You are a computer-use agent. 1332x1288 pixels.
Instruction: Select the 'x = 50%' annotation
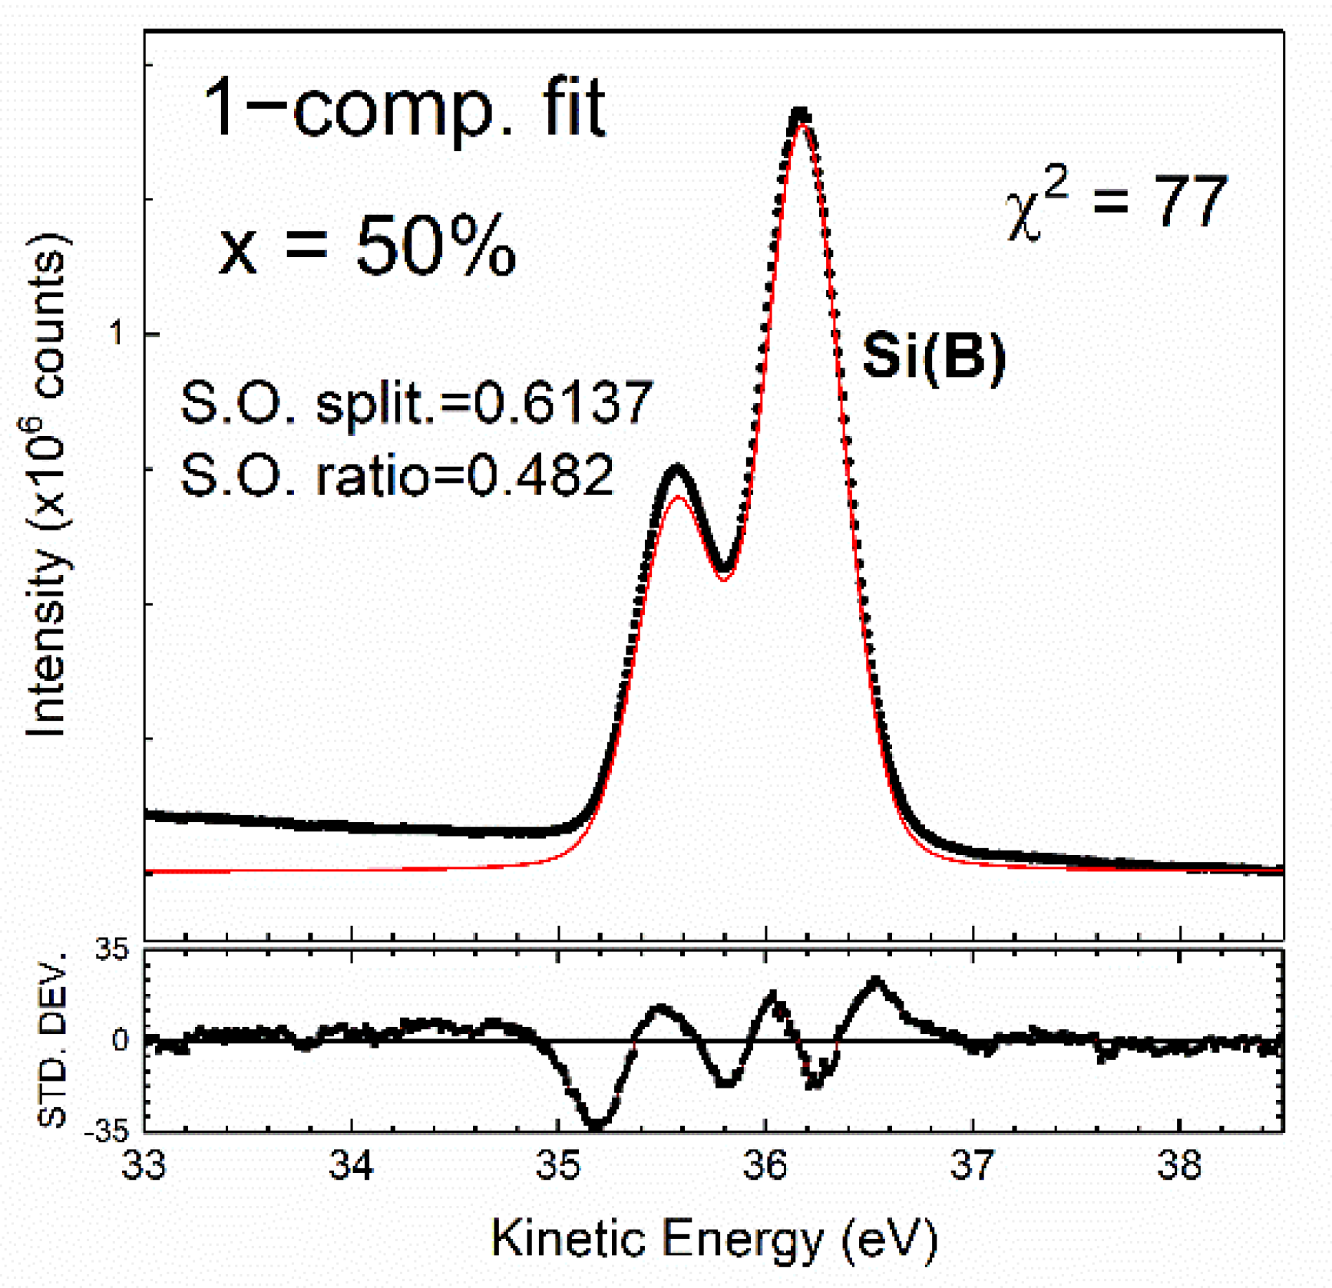367,245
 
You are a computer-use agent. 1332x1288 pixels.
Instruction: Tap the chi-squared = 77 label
1116,203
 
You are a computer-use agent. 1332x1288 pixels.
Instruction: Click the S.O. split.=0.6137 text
416,403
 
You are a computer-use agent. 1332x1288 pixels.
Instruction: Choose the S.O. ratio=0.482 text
397,474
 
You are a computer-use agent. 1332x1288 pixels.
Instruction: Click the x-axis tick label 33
144,1165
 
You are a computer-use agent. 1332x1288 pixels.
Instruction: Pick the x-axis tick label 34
352,1165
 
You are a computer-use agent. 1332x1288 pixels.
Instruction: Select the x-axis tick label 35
559,1165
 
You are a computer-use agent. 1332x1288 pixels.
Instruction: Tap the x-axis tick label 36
766,1165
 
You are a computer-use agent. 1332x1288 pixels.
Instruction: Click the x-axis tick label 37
973,1165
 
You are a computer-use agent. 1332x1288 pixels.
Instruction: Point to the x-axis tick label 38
1180,1165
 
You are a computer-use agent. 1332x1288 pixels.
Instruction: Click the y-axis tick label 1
117,334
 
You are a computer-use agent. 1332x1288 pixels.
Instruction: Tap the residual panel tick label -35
107,1131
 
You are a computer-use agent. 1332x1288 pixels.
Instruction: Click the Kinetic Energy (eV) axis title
714,1238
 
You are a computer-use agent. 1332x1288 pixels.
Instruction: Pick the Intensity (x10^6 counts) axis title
48,485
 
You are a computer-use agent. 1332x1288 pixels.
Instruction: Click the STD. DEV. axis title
52,1041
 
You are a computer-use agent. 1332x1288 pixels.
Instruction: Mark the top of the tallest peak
800,113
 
